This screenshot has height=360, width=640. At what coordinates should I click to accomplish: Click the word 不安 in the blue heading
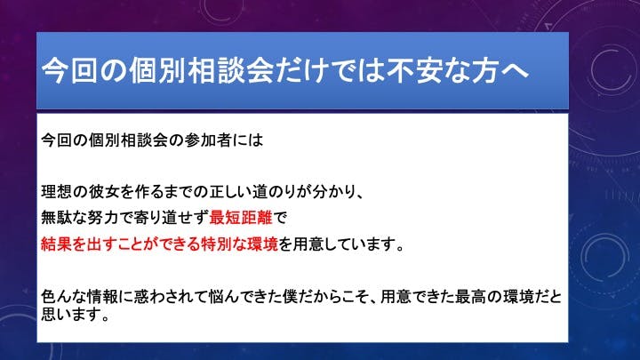pyautogui.click(x=415, y=70)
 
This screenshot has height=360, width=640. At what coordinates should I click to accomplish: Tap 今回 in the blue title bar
pyautogui.click(x=70, y=70)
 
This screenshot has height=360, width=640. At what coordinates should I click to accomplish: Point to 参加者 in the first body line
pyautogui.click(x=208, y=140)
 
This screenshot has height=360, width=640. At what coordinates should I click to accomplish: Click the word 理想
pyautogui.click(x=57, y=191)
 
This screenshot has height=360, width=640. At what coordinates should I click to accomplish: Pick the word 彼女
pyautogui.click(x=104, y=191)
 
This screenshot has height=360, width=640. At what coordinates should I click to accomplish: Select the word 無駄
pyautogui.click(x=57, y=218)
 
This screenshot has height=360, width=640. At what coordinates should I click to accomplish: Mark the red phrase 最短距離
pyautogui.click(x=241, y=218)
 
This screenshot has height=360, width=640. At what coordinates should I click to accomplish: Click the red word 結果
pyautogui.click(x=57, y=244)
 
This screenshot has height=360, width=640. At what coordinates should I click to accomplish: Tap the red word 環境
pyautogui.click(x=263, y=244)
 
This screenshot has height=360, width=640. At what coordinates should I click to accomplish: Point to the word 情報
pyautogui.click(x=104, y=297)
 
